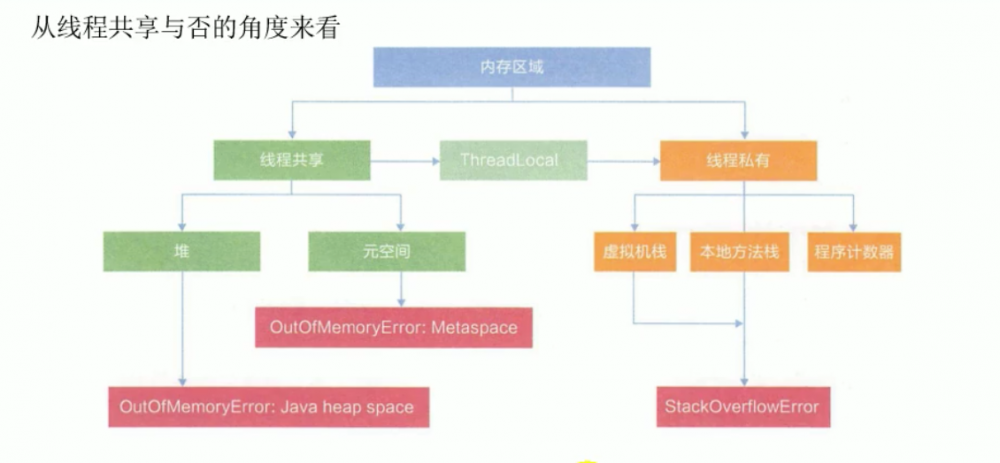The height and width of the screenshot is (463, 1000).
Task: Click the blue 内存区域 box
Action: click(512, 68)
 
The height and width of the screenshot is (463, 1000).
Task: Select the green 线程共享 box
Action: click(291, 159)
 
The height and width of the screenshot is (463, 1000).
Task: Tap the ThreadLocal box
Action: click(509, 159)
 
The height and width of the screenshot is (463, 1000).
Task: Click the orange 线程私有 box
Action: click(738, 159)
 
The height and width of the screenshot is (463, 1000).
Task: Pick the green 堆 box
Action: click(181, 251)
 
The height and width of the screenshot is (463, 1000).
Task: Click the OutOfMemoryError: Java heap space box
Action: click(266, 407)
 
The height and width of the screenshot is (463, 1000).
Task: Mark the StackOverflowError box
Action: click(741, 407)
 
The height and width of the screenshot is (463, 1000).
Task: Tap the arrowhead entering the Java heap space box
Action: click(181, 382)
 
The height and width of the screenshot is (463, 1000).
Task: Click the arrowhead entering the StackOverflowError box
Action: click(741, 382)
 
